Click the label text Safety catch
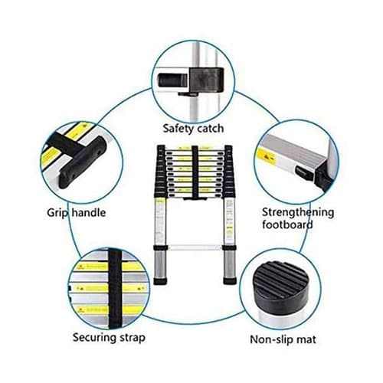[193, 129]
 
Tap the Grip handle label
[77, 213]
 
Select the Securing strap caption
[109, 338]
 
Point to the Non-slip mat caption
[283, 339]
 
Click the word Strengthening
[298, 212]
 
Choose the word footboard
[287, 224]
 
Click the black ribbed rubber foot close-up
[280, 286]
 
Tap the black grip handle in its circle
[83, 162]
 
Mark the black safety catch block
[207, 80]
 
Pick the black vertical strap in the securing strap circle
[115, 289]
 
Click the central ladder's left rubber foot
[160, 281]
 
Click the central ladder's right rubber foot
[230, 281]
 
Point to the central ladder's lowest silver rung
[195, 247]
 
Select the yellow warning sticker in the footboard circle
[267, 155]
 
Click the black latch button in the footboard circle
[304, 174]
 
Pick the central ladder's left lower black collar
[160, 247]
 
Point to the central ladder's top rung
[195, 148]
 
